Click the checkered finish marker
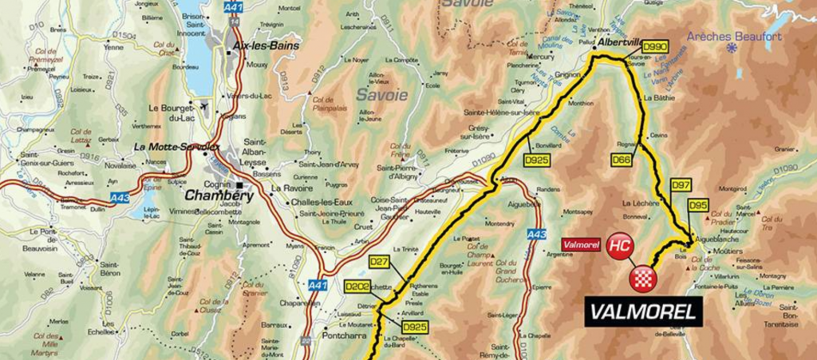pos(643,278)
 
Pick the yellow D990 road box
pos(654,47)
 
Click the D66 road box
pos(622,160)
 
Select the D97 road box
pos(681,185)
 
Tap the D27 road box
pos(379,261)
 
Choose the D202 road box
pos(359,287)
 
